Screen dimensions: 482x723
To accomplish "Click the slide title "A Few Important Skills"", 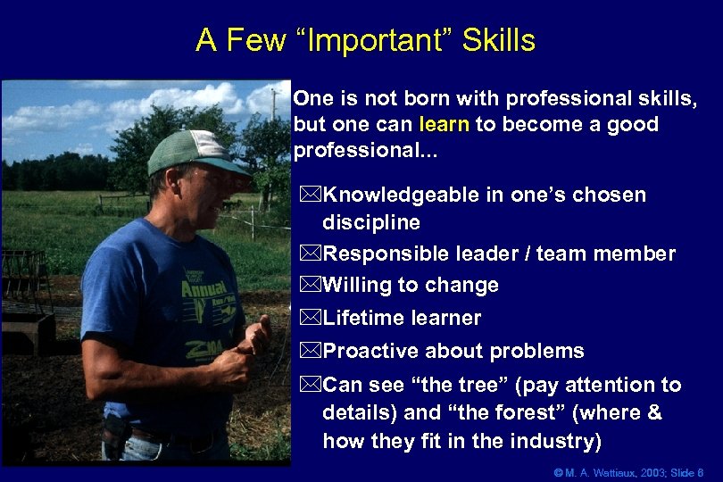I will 365,40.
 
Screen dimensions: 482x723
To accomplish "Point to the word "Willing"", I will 361,286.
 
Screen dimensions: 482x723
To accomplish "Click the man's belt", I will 170,436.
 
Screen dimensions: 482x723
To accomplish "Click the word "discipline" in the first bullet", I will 370,221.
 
